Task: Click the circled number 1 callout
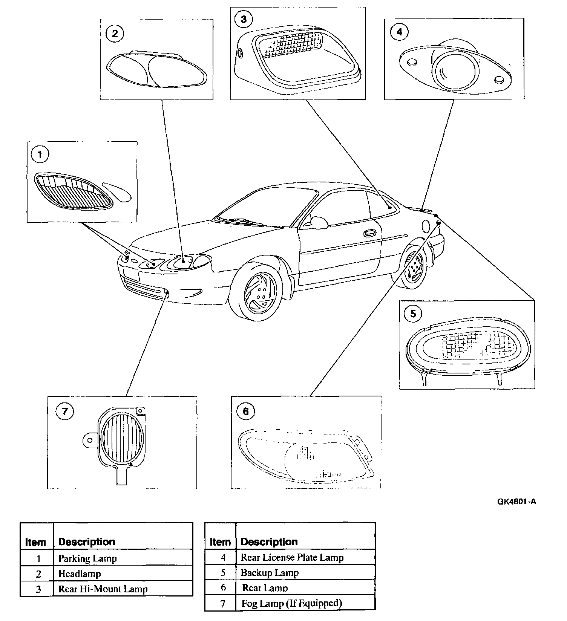pos(40,154)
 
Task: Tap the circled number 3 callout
pos(244,19)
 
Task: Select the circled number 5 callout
pos(413,314)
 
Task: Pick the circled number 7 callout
pos(64,411)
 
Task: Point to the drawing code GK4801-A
pos(516,502)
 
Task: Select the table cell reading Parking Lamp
pos(87,558)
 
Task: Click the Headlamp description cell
pos(80,574)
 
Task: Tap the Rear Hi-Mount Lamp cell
pos(103,589)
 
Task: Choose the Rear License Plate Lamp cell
pos(292,557)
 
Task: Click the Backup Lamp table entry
pos(270,573)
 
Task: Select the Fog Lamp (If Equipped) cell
pos(292,603)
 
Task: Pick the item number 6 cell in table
pos(223,587)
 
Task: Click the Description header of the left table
pos(87,542)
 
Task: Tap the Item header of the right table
pos(220,542)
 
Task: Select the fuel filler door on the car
pos(426,226)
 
